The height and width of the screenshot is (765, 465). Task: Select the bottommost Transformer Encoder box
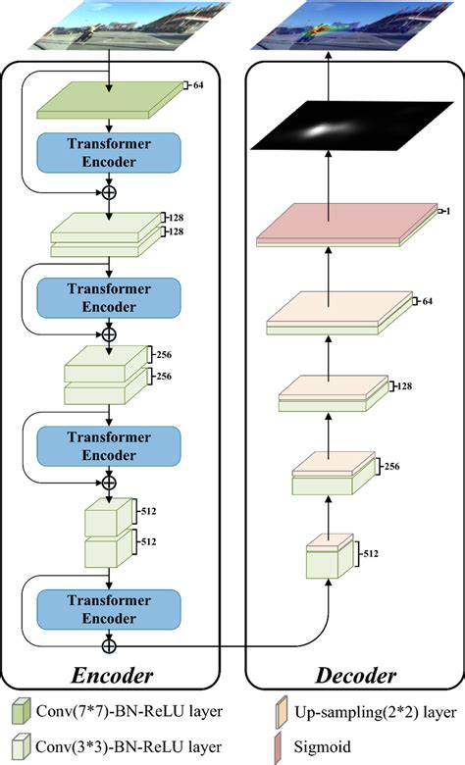click(x=109, y=609)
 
